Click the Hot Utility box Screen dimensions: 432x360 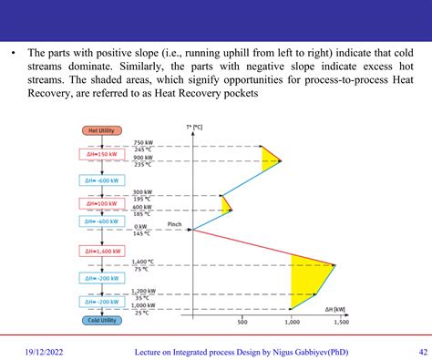point(99,130)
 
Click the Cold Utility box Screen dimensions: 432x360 point(99,321)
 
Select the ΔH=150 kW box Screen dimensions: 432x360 point(99,155)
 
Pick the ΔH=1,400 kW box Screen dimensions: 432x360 point(99,251)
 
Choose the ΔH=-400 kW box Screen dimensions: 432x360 point(99,221)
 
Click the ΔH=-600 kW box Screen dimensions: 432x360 point(99,180)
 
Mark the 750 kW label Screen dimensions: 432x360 point(142,143)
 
